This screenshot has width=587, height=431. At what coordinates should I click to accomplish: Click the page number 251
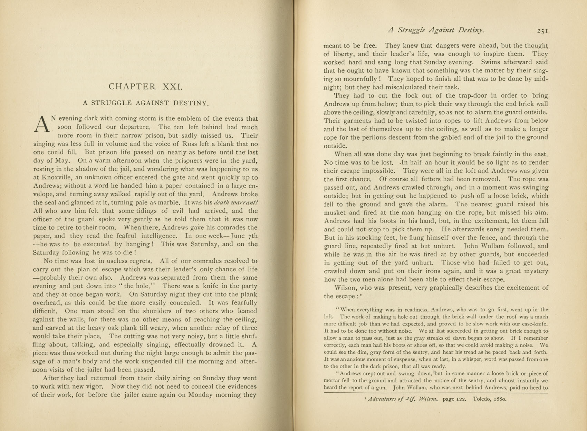(x=542, y=31)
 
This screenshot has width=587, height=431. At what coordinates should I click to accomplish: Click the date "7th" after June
(x=253, y=236)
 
